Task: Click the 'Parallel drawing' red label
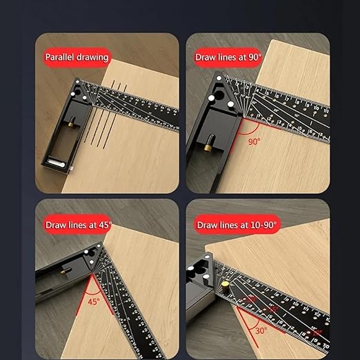pyautogui.click(x=77, y=57)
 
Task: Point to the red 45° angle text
pyautogui.click(x=92, y=301)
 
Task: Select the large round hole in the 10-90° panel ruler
pyautogui.click(x=206, y=271)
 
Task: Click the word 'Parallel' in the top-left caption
pyautogui.click(x=61, y=57)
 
